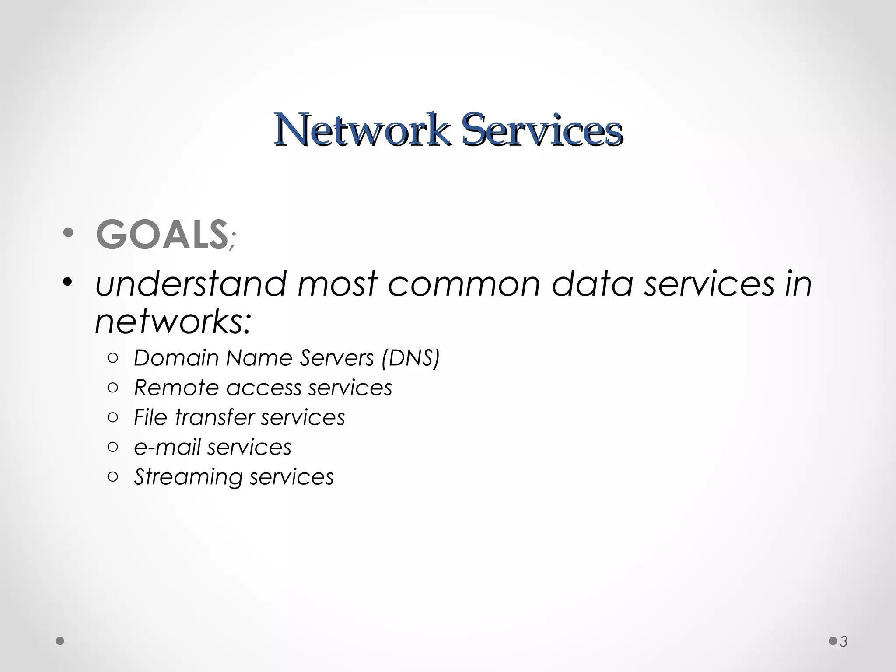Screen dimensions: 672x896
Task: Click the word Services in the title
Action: [542, 129]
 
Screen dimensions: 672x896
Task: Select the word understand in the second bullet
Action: [191, 283]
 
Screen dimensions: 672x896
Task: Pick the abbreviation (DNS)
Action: [410, 358]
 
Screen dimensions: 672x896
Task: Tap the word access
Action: [264, 388]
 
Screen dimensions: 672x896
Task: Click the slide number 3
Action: [843, 642]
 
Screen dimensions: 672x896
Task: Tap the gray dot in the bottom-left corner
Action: [60, 641]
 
